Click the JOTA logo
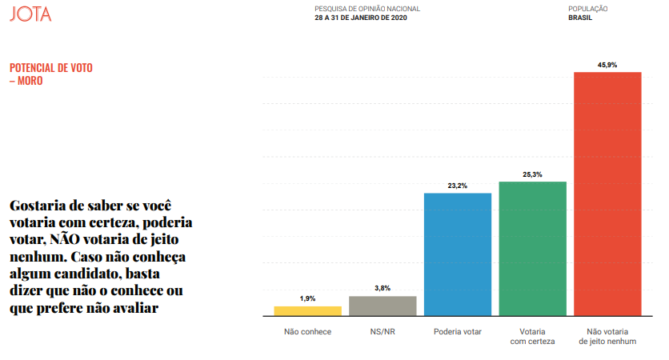pos(30,14)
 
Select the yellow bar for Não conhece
pos(308,311)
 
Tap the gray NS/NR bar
pos(383,306)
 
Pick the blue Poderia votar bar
pos(457,254)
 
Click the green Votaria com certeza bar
pos(532,249)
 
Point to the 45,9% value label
pos(607,64)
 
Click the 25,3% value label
pos(532,174)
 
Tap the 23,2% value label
pos(457,186)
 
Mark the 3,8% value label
pos(383,288)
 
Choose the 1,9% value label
pos(308,298)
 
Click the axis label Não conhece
pos(308,331)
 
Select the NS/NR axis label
pos(383,331)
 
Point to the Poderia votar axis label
pos(457,331)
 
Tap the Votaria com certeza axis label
pos(532,336)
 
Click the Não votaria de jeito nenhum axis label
pos(607,336)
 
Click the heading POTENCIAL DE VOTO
pos(51,68)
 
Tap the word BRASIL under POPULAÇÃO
pos(581,18)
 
